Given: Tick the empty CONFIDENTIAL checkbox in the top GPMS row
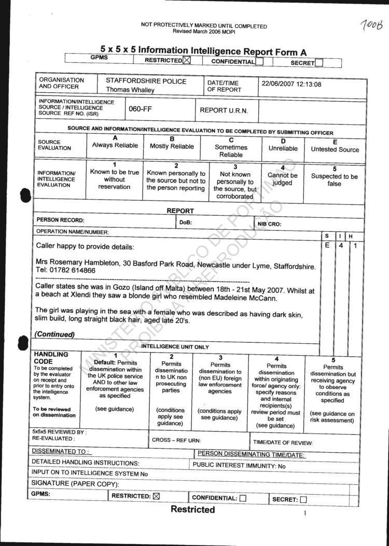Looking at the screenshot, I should click(x=260, y=62).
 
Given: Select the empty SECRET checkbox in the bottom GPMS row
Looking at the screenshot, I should click(x=303, y=500).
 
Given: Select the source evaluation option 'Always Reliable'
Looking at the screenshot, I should click(x=115, y=146).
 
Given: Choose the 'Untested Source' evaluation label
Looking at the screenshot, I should click(x=335, y=149).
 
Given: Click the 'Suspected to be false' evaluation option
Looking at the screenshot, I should click(x=334, y=180).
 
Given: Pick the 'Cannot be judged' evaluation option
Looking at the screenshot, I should click(x=282, y=179).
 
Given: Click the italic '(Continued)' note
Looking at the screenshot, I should click(x=55, y=334).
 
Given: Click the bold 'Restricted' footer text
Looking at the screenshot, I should click(x=192, y=510).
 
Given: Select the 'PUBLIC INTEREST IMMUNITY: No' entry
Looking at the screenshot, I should click(x=239, y=465).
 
